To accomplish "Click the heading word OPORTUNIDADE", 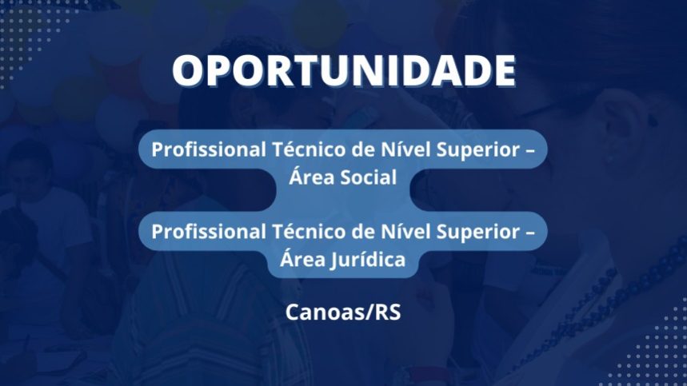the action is [x=344, y=71].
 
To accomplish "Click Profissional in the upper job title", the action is [x=209, y=149].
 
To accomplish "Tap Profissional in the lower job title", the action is [x=209, y=232].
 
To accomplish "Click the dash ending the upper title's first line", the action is [x=529, y=151].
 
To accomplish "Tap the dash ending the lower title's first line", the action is [x=529, y=233].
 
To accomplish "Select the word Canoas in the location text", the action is [x=318, y=312].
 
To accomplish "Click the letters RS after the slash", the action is [x=388, y=312].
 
